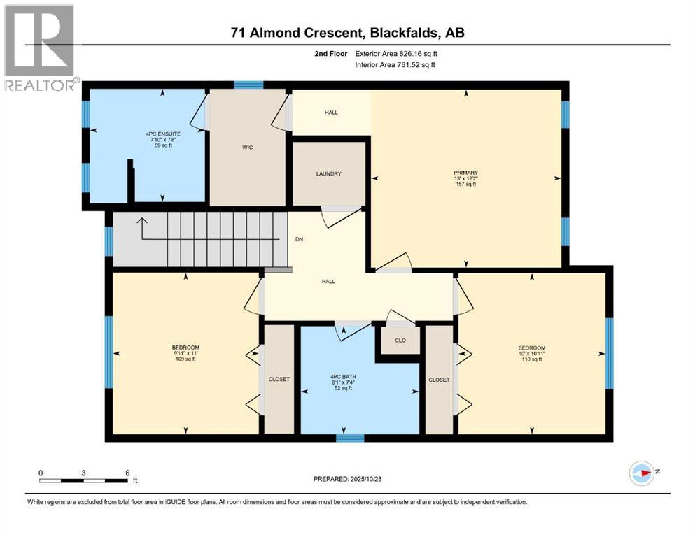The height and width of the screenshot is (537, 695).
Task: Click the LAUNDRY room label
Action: click(x=328, y=173)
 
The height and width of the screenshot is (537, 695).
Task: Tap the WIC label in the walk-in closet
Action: click(x=247, y=148)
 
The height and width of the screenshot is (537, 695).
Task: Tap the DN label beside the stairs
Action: click(x=299, y=238)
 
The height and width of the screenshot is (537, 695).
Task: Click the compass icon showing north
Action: click(x=641, y=473)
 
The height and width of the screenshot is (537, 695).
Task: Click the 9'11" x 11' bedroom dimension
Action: click(x=185, y=354)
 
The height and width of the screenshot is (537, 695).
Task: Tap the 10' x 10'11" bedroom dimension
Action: click(x=531, y=354)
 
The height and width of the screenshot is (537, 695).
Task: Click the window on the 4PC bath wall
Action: click(x=349, y=438)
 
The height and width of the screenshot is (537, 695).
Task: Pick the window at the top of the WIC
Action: click(x=248, y=85)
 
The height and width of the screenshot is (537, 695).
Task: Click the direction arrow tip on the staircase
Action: click(x=142, y=220)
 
